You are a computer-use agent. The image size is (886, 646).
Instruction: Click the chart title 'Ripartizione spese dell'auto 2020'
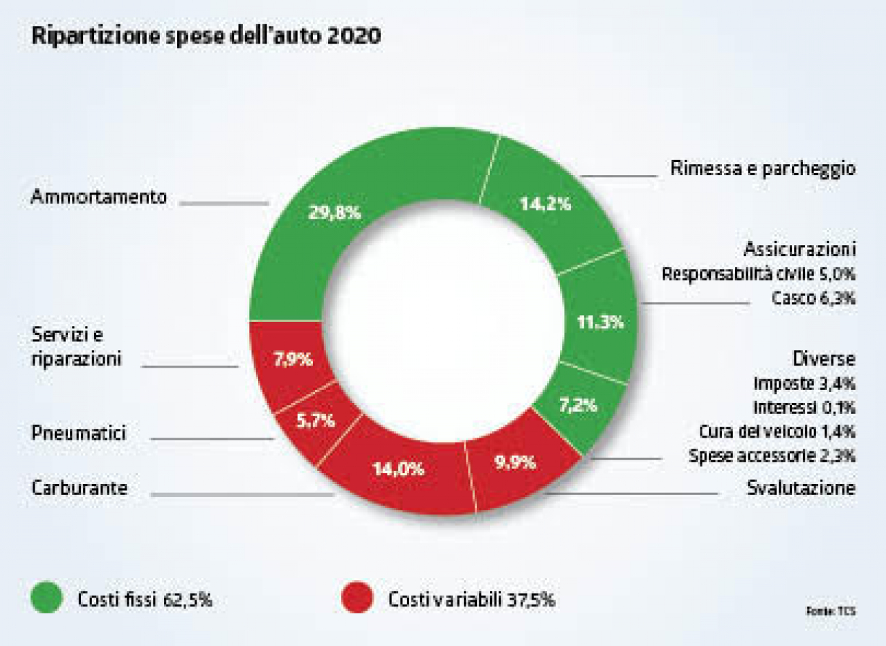[206, 37]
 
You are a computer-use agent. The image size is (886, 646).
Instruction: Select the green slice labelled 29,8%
[334, 212]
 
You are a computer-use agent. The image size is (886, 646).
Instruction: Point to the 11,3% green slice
[600, 322]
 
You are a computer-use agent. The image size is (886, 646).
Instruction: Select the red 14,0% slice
[398, 469]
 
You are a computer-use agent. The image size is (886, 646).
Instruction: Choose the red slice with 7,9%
[293, 360]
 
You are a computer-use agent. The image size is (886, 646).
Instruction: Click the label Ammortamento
[99, 197]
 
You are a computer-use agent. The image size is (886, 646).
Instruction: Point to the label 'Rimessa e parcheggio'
[763, 169]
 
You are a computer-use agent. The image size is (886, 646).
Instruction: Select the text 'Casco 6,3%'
[813, 298]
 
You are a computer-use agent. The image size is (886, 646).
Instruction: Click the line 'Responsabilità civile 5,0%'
[759, 273]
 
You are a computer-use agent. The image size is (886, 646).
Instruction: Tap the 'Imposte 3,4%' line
[804, 382]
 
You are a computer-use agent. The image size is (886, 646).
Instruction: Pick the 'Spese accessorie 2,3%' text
[772, 456]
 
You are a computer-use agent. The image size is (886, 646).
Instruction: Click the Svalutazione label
[801, 487]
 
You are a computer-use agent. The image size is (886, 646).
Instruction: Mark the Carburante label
[80, 487]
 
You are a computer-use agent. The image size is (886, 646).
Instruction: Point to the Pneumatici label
[79, 434]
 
